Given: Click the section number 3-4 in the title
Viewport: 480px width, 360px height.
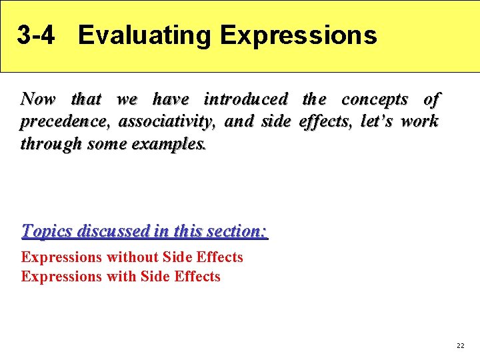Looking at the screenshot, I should click(x=36, y=35).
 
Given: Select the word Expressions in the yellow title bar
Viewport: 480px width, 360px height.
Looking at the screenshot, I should click(x=298, y=35).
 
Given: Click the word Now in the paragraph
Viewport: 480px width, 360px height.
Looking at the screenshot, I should click(x=39, y=99).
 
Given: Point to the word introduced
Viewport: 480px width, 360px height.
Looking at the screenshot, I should click(x=246, y=99).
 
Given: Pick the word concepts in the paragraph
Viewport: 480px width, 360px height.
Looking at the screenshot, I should click(x=375, y=99).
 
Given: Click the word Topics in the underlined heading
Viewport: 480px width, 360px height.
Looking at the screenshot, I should click(x=47, y=231).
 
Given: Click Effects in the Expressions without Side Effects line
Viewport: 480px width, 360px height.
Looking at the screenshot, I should click(x=219, y=257).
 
